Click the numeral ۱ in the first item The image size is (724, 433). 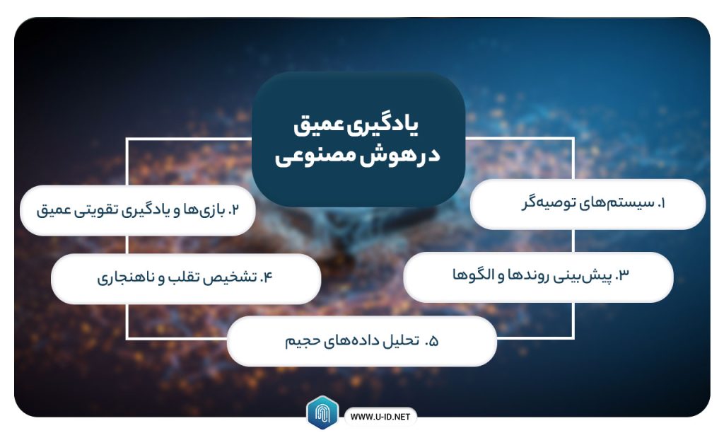pos(661,203)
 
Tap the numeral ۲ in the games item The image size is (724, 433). pos(234,210)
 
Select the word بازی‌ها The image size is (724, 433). pos(204,210)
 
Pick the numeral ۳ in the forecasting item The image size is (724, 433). pos(624,275)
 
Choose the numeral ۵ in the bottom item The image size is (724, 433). pos(433,342)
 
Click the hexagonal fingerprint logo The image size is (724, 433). pos(322,412)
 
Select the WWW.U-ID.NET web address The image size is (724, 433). pos(380,417)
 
